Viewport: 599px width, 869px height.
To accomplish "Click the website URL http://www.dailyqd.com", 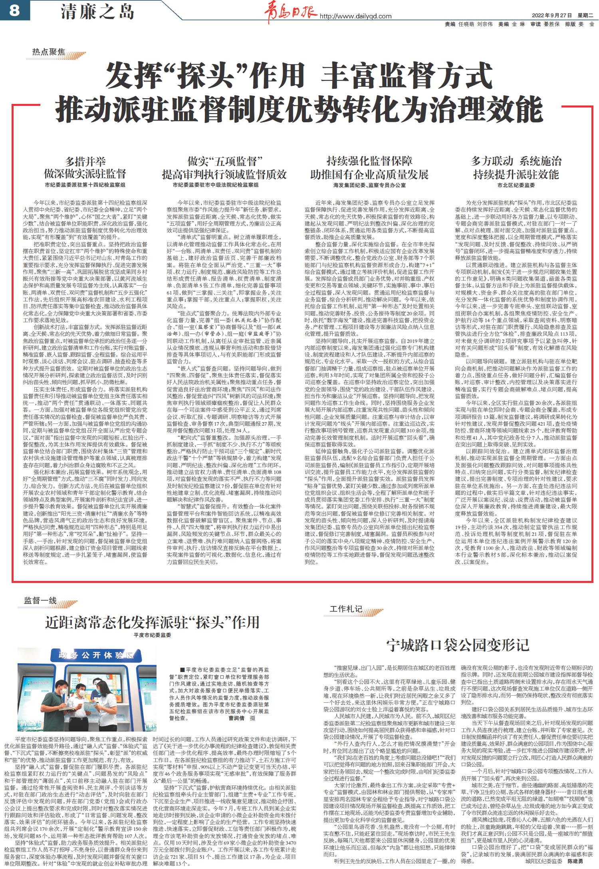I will [355, 16].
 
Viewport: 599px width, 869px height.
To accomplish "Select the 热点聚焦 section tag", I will [48, 52].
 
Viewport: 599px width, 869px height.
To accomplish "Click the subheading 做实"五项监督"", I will [224, 161].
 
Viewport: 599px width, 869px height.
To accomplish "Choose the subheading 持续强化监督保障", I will [369, 161].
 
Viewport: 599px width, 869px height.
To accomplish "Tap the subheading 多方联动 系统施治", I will [516, 161].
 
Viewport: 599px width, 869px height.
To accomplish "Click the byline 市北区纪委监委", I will [516, 185].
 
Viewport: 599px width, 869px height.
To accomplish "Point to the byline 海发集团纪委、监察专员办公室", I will [369, 185].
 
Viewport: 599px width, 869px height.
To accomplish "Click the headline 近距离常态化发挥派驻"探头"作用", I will [152, 622].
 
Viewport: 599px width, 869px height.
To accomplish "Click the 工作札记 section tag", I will [346, 609].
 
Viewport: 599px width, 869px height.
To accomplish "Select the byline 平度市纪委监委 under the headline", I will [152, 635].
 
